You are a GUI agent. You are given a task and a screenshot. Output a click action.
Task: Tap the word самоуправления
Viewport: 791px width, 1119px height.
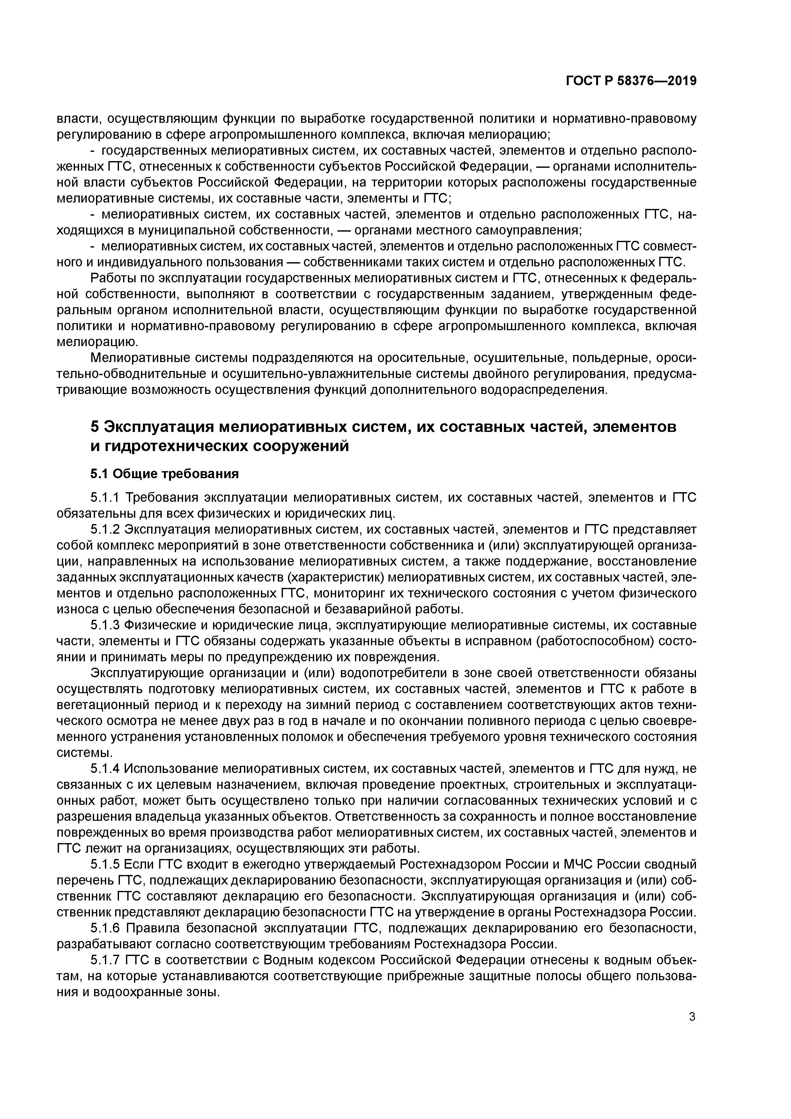tap(525, 230)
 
